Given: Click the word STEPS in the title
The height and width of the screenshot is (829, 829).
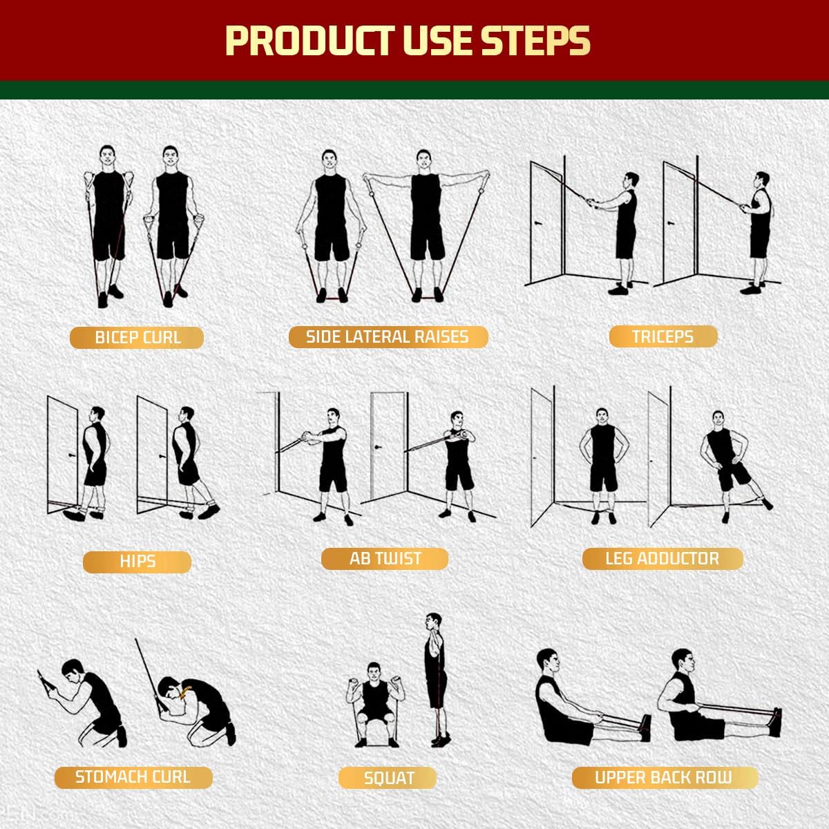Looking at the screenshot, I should point(535,41).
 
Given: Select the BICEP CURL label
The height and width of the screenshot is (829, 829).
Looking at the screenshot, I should point(137,338).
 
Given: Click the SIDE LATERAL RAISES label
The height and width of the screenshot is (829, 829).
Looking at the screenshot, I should point(388,337).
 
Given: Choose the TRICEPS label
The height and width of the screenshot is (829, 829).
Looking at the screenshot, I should point(663,337).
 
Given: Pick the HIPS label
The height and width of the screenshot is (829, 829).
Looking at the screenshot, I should point(137,562).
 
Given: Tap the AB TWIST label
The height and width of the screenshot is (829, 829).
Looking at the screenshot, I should point(385,559).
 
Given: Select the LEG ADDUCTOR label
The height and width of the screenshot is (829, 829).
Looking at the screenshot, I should point(662,559).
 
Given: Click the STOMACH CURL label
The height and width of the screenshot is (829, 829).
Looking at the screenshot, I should point(133,777).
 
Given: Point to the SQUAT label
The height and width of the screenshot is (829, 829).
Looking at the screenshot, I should point(388,779).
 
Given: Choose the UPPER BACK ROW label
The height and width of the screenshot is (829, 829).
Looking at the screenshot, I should point(664,777).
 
